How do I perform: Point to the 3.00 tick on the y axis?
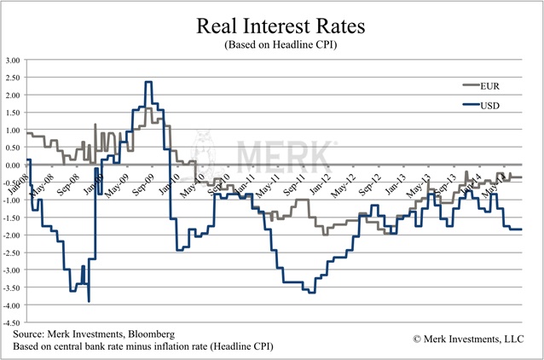(x=14, y=61)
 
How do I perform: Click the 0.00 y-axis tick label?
(x=14, y=165)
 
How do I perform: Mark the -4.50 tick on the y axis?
(x=13, y=323)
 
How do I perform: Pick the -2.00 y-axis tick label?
(x=13, y=235)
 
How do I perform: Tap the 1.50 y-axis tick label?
(x=14, y=113)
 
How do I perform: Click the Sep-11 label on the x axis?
(x=297, y=180)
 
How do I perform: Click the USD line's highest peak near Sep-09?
(x=148, y=82)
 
